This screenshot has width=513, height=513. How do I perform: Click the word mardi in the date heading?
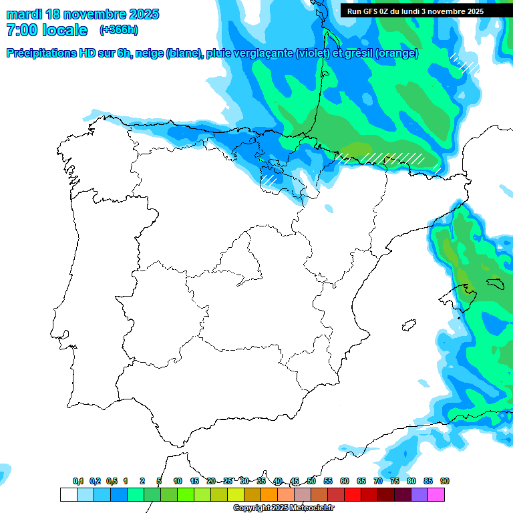pos(24,14)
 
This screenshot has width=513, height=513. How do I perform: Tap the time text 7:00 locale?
pos(47,30)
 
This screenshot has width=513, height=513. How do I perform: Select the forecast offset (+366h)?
pos(119,30)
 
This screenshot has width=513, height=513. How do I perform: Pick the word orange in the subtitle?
pos(398,53)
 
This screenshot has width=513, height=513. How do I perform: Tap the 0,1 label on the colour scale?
pos(78,481)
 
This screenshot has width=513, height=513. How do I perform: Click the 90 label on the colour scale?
pos(445,481)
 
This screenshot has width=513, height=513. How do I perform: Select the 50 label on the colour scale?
pos(311,481)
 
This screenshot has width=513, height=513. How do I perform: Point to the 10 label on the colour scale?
pos(178,481)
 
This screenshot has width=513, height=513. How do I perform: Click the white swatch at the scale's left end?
pos(68,494)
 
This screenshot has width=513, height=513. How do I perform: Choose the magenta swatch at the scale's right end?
pos(436,494)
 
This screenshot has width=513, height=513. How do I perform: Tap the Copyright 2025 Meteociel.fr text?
pos(284,508)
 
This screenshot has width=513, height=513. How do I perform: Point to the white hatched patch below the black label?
pos(466,63)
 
